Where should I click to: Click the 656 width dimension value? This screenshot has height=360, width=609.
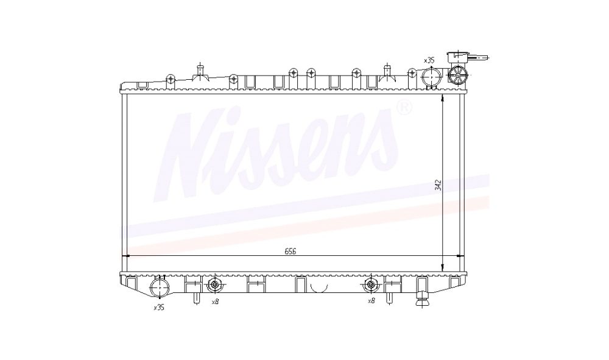point(290,251)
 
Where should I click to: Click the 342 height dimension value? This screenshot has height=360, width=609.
point(438,185)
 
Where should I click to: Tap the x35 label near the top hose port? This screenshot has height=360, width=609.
point(429,60)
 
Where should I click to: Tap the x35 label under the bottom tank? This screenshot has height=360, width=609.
point(159,308)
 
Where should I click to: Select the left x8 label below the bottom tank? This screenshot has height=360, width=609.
point(215,301)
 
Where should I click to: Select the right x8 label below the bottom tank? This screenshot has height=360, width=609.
point(371,301)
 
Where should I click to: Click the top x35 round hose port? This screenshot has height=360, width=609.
point(431,77)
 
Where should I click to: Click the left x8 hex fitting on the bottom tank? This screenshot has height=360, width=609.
point(215,286)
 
